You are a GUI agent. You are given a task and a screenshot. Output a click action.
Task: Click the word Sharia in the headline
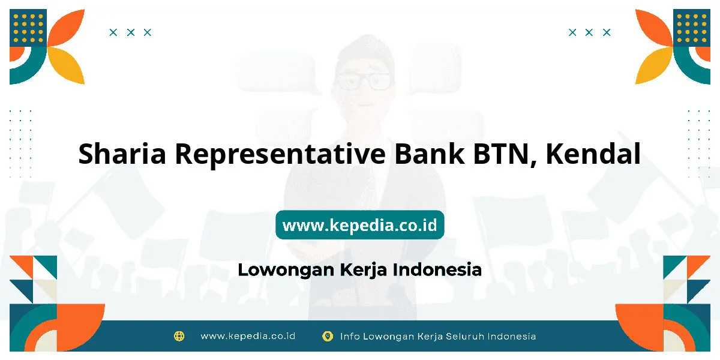122,154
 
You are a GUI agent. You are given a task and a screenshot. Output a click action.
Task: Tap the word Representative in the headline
280,154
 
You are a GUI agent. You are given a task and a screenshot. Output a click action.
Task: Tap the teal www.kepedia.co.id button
360,224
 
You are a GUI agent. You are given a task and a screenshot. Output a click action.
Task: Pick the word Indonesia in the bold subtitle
437,269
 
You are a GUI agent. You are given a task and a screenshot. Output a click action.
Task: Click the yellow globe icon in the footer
179,336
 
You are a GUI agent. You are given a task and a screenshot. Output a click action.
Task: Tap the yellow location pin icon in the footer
328,336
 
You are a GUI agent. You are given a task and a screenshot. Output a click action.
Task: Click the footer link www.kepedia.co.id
248,336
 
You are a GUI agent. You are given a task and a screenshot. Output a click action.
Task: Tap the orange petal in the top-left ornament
66,28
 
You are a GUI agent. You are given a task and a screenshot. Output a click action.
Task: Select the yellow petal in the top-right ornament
654,65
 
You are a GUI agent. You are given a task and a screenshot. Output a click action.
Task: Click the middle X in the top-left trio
131,32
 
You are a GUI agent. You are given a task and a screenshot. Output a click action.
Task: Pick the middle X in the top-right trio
589,32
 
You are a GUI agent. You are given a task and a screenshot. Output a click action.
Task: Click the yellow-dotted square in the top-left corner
28,28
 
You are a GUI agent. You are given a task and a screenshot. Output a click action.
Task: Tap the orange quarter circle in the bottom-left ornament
81,328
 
